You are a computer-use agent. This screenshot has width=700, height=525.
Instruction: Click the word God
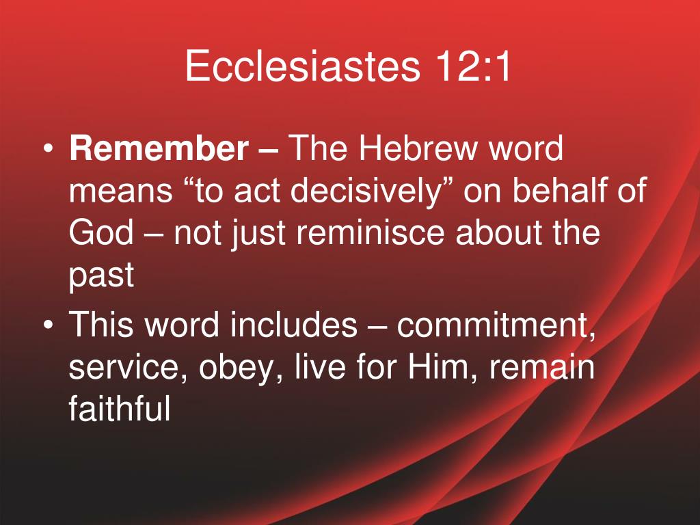101,232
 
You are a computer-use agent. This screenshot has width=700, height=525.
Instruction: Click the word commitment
496,325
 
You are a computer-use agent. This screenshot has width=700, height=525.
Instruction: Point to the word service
128,367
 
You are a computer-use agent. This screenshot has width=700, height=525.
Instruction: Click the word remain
542,366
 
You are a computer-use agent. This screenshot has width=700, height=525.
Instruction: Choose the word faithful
120,408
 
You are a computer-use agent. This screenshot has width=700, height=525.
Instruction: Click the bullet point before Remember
49,149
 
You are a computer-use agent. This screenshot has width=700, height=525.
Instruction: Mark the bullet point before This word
49,325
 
